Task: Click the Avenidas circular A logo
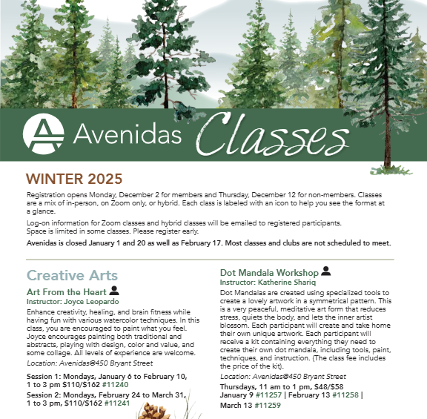click(44, 133)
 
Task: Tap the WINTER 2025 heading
click(74, 179)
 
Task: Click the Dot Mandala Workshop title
click(269, 273)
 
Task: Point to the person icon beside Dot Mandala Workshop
click(325, 271)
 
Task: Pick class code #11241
click(119, 403)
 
